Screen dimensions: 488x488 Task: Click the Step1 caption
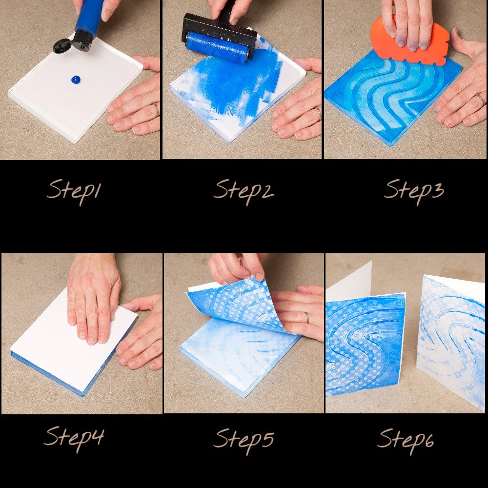74,191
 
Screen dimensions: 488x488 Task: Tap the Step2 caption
244,191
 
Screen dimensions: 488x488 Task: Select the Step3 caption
414,191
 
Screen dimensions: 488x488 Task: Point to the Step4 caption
74,438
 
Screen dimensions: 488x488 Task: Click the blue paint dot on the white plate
76,80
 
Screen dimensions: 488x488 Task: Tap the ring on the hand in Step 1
156,109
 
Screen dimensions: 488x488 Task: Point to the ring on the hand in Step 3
481,99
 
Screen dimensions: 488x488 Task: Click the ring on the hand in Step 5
307,318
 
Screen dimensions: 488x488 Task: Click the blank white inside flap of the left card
348,282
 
